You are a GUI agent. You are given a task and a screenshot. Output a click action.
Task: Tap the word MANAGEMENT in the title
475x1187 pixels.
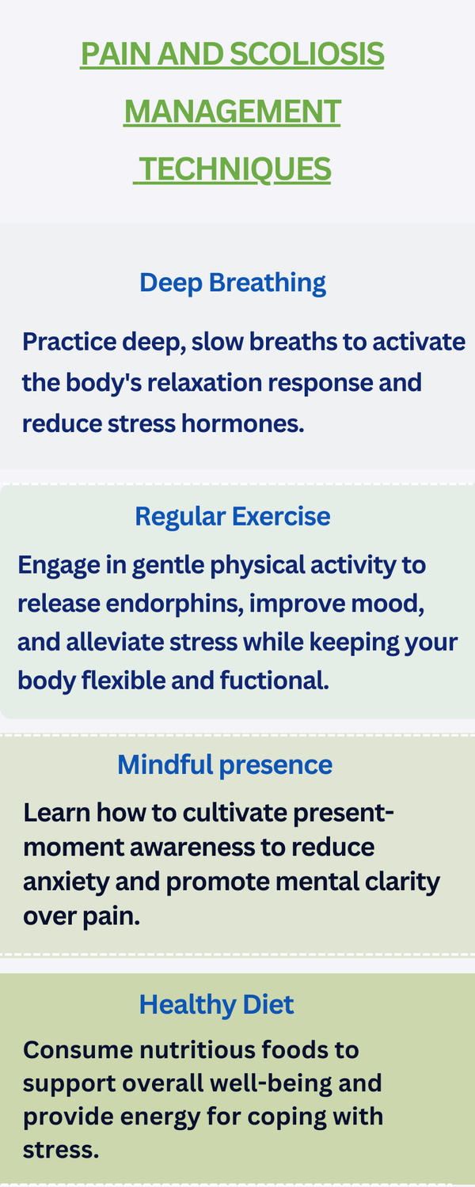pyautogui.click(x=233, y=112)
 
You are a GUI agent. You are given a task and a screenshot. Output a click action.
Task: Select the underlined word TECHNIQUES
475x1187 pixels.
pyautogui.click(x=234, y=169)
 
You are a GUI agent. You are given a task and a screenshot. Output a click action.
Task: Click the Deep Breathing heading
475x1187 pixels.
pyautogui.click(x=233, y=283)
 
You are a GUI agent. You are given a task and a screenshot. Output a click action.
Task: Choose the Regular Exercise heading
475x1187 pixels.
pyautogui.click(x=233, y=517)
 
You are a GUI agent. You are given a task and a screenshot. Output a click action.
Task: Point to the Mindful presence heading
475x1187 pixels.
pyautogui.click(x=225, y=764)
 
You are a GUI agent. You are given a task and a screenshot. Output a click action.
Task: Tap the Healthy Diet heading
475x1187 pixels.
pyautogui.click(x=216, y=1004)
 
